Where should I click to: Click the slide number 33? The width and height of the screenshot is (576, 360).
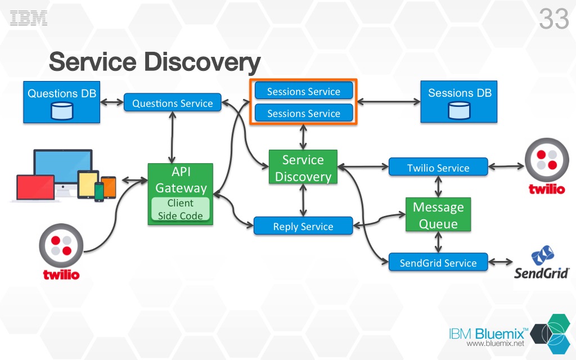tap(554, 20)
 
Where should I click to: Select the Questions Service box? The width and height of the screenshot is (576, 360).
tap(172, 103)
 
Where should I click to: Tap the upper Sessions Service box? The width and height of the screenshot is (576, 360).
tap(304, 91)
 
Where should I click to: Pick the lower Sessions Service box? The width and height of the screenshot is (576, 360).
tap(304, 113)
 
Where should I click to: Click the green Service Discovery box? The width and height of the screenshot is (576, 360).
tap(303, 168)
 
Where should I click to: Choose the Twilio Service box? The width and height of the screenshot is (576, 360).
tap(438, 168)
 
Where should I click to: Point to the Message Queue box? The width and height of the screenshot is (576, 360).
tap(438, 215)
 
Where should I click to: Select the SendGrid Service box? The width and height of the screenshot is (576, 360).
tap(438, 262)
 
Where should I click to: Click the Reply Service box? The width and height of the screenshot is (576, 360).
tap(303, 226)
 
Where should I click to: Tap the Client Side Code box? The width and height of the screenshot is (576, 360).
tap(180, 209)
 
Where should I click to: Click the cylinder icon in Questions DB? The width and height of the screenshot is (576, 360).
tap(62, 111)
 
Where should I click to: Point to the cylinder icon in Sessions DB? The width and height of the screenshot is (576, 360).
tap(459, 111)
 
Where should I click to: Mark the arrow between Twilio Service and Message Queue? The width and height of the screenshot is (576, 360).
tap(438, 185)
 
